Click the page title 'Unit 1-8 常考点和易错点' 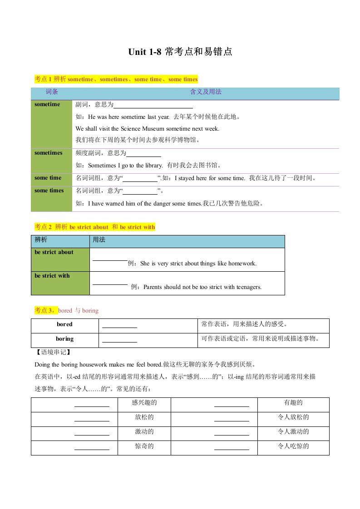tap(180, 52)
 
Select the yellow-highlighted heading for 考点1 tap(116, 79)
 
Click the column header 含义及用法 tap(205, 92)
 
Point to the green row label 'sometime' tap(47, 104)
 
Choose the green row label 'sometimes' tap(49, 153)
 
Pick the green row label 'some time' tap(48, 178)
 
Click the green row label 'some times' tap(49, 191)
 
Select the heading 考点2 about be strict tap(95, 227)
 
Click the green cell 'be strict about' tap(54, 252)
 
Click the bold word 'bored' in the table tap(64, 324)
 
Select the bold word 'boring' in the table tap(64, 339)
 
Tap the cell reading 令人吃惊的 tap(293, 446)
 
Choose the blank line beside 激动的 tap(92, 434)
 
